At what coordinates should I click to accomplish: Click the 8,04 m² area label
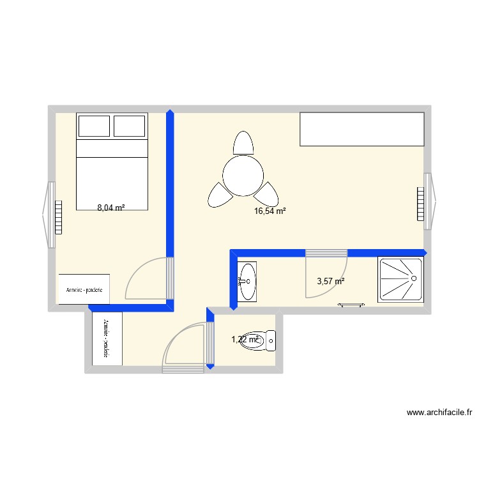(110, 208)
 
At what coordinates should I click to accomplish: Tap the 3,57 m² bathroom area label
(331, 281)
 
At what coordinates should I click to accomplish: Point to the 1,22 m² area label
(245, 340)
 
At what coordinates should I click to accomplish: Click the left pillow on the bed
(94, 126)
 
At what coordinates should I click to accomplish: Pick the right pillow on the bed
(130, 126)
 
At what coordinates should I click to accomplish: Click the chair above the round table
(243, 142)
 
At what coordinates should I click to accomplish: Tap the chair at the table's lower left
(217, 195)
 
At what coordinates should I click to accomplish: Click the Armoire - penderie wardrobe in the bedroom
(84, 289)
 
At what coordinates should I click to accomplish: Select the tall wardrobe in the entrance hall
(107, 338)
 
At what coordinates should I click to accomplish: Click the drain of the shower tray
(413, 278)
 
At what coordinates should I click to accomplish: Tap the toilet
(262, 340)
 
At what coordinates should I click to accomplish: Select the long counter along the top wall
(361, 129)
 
